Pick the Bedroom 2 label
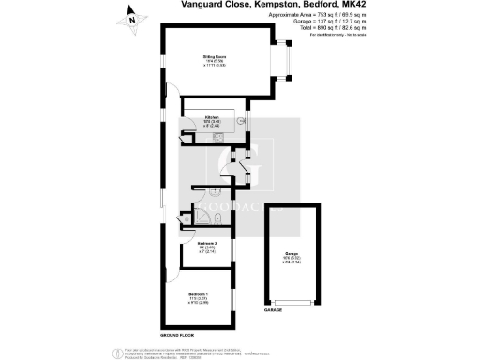click(x=197, y=246)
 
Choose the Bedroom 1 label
click(x=199, y=298)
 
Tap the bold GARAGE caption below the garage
click(x=273, y=310)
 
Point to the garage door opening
click(x=292, y=302)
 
